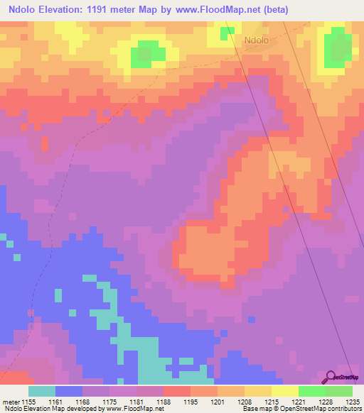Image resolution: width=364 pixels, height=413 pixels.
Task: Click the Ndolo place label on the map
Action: click(256, 41)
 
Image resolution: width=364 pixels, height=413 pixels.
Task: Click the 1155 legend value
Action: click(28, 402)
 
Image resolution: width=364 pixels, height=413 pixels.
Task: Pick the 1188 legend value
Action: click(164, 402)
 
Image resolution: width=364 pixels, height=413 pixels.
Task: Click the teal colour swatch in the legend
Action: click(41, 391)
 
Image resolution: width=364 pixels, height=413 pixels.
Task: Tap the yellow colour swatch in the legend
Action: click(284, 391)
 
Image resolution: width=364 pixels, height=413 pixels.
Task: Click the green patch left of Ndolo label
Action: click(148, 53)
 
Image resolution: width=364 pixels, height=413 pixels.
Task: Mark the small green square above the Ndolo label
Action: click(227, 33)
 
